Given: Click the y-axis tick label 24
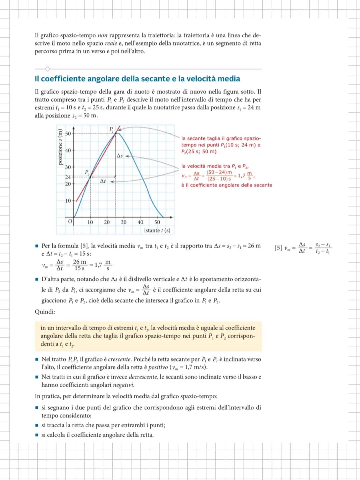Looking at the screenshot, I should (68, 177).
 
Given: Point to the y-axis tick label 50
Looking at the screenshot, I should (68, 133).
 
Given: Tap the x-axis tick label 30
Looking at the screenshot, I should (123, 222).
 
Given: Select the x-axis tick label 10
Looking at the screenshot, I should (90, 222).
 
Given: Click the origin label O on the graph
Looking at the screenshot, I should (70, 221).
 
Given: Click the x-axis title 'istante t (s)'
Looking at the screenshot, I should (157, 230).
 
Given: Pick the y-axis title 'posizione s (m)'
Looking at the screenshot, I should (60, 147).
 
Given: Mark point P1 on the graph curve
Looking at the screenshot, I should (90, 177).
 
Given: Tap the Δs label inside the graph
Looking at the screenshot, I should (120, 156).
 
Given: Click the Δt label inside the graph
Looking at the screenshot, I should (103, 181).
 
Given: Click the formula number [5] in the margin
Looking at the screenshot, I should (278, 248).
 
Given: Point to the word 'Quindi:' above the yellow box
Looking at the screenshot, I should (45, 312).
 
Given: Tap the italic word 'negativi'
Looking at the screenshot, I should (123, 385).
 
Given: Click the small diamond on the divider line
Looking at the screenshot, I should (47, 69).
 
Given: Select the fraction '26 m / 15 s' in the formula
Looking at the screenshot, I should (79, 265).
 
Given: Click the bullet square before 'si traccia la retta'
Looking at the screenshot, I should (37, 425).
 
